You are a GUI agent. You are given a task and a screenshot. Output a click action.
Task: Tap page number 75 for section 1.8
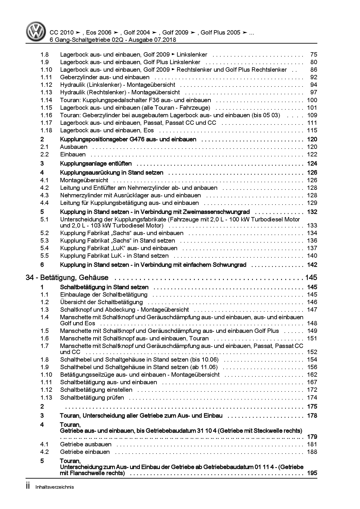coord(314,55)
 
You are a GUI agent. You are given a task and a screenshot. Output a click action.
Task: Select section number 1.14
coord(46,100)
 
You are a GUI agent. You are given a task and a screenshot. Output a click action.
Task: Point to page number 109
coord(312,115)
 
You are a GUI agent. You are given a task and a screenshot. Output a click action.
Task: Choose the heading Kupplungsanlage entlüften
coord(96,163)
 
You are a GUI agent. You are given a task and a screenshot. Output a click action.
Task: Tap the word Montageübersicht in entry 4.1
coord(84,180)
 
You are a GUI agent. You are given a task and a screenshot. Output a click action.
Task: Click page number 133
coord(312,225)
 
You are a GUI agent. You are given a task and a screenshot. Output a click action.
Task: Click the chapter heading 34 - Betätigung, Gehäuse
coord(67,278)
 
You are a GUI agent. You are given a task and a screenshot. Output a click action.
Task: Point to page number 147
coord(312,310)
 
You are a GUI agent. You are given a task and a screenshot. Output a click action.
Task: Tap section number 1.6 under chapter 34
coord(45,338)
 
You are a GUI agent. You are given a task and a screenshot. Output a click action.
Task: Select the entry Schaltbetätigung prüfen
coord(92,398)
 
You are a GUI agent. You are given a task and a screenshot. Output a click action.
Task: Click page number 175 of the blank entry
coord(312,407)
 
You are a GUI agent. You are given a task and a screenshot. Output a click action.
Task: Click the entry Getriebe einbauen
coord(85,452)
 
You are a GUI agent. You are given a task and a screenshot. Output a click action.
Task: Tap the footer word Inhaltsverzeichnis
coord(55,487)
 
